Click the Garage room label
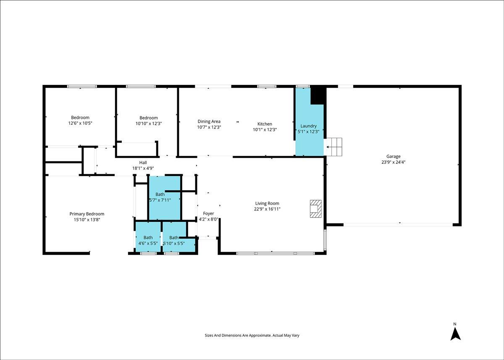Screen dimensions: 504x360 (x=393, y=156)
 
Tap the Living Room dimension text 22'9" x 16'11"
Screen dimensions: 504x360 (x=267, y=209)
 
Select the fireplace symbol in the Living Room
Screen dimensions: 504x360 (x=316, y=209)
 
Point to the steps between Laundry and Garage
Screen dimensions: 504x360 (x=334, y=147)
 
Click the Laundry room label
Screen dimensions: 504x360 (x=308, y=126)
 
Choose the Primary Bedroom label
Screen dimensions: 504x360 (x=87, y=214)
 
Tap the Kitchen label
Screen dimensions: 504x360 (x=265, y=124)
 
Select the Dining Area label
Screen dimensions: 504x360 (x=209, y=121)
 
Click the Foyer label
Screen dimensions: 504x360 (x=208, y=213)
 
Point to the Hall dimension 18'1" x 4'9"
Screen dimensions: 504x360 (x=143, y=168)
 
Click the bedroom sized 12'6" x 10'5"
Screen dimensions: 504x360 (x=80, y=118)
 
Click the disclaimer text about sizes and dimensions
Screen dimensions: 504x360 (x=252, y=336)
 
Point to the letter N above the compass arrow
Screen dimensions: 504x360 (x=455, y=324)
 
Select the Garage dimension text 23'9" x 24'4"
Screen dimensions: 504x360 (x=393, y=162)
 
